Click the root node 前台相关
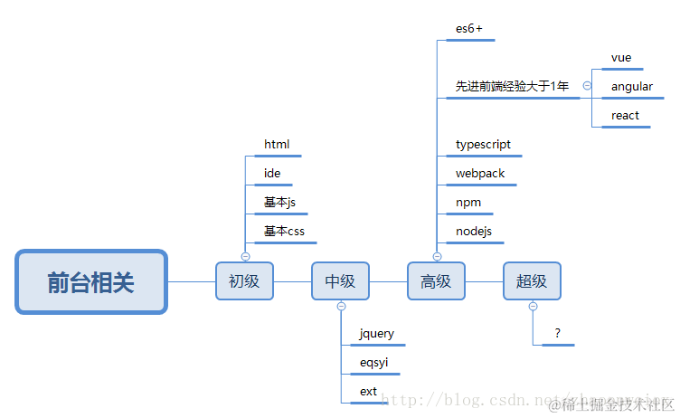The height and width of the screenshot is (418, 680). [91, 282]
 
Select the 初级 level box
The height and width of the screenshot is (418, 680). [244, 281]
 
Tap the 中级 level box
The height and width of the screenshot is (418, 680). [340, 281]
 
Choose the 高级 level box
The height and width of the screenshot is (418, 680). [436, 281]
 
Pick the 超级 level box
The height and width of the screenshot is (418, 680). [532, 281]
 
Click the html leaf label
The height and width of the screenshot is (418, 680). [277, 145]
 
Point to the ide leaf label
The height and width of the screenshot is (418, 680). [272, 174]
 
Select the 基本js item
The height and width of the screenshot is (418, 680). [280, 203]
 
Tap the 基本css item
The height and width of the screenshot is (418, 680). [285, 232]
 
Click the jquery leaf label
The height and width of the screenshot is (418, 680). [377, 334]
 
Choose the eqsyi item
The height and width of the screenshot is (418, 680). [374, 363]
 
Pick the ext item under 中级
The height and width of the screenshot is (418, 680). [368, 392]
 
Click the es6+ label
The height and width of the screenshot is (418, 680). [469, 29]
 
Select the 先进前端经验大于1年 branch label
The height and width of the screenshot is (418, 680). [512, 87]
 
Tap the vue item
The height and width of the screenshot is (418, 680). [621, 58]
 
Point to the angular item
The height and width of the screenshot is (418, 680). [632, 87]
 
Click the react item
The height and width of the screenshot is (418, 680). [625, 116]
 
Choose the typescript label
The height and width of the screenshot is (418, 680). [484, 145]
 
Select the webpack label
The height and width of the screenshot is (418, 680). [480, 174]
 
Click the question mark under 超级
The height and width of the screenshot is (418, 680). [558, 334]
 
